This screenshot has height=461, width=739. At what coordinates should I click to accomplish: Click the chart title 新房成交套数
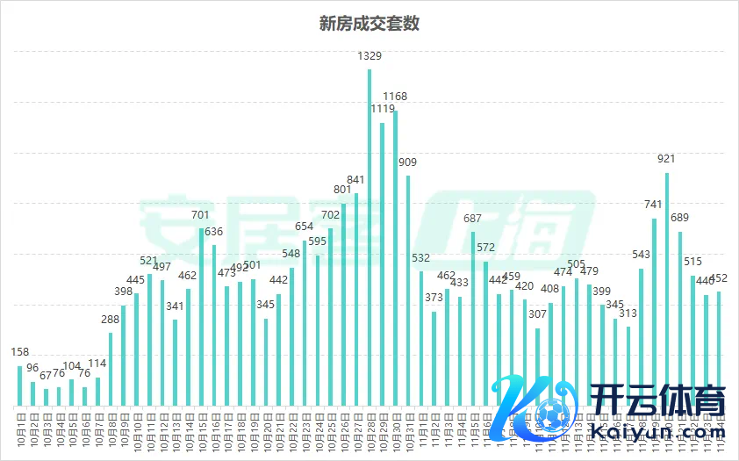pos(369,24)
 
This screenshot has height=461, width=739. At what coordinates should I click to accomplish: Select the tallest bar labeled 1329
pos(369,237)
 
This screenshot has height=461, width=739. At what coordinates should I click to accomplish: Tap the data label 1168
pos(395,97)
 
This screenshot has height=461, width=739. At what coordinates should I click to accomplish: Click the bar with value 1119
pos(382,263)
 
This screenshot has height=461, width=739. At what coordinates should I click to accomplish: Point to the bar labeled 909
pos(408,290)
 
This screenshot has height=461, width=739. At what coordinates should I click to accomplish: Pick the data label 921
pos(666,159)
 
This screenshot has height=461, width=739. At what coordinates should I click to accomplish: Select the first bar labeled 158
pos(20,386)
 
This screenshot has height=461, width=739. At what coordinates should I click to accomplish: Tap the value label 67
pos(46,375)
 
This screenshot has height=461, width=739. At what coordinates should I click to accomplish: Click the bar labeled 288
pos(111,369)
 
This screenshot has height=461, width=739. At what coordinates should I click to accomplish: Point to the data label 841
pos(356,180)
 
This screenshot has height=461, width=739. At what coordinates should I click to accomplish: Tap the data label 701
pos(201,215)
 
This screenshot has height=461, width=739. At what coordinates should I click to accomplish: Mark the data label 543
pos(641,256)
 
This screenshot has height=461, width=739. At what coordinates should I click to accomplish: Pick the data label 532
pos(421,258)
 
